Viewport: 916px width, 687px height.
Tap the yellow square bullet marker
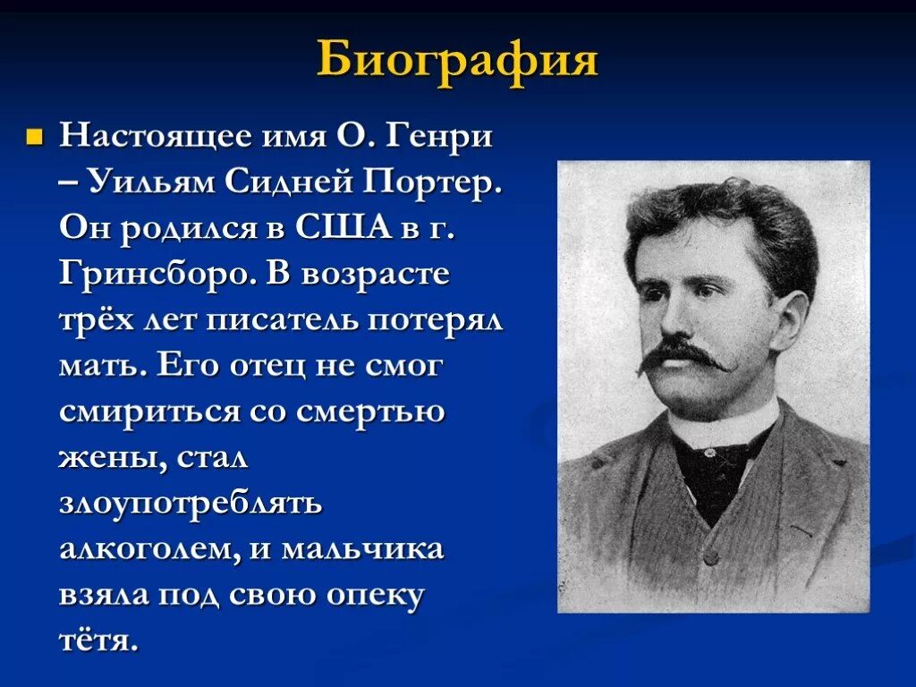click(35, 139)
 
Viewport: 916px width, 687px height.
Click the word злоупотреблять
click(190, 503)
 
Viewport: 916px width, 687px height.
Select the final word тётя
click(98, 640)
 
